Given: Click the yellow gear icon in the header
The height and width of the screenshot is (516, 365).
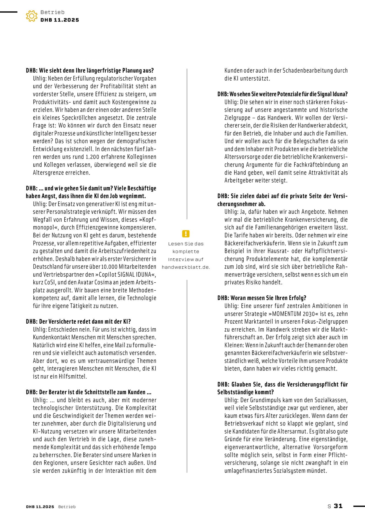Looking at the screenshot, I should [32, 16].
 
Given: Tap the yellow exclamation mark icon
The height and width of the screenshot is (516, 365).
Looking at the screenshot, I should [186, 234].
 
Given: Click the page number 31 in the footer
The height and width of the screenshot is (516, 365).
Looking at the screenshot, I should [338, 506].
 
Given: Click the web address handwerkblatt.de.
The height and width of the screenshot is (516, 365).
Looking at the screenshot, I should [186, 267].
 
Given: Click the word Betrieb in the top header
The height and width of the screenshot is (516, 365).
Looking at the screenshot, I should [52, 12].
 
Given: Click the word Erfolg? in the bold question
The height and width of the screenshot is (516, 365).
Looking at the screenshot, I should [298, 298].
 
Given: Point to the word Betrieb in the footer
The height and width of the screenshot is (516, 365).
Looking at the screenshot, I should [67, 507].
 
